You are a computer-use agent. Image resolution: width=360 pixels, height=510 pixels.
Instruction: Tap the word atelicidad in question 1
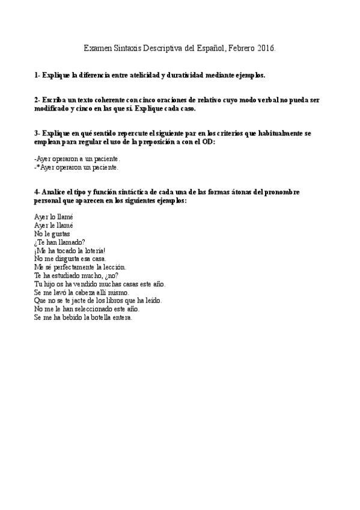coord(144,75)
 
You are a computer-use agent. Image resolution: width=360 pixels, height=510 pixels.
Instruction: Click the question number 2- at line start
coord(37,99)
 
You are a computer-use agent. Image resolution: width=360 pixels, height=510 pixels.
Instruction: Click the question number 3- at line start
coord(37,132)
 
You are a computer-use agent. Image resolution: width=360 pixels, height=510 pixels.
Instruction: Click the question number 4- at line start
coord(37,191)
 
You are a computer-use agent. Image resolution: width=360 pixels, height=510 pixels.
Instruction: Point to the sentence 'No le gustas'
coord(52,233)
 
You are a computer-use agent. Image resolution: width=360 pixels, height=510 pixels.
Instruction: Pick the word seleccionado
coord(99,309)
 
